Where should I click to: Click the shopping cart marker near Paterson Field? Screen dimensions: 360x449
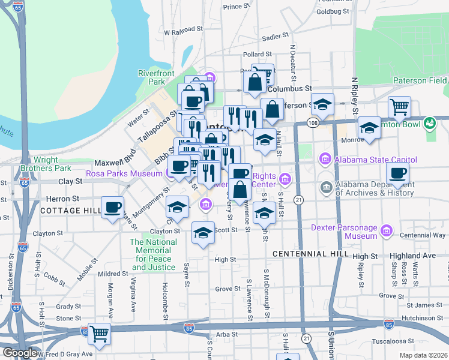pos(399,107)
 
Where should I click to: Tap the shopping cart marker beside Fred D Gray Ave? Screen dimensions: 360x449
pos(99,334)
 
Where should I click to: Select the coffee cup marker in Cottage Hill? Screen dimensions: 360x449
pos(112,208)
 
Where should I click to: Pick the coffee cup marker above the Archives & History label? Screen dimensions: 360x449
pos(397,174)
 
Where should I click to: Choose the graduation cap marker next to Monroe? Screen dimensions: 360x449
pos(369,128)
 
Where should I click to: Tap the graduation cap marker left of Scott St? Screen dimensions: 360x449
pos(203,233)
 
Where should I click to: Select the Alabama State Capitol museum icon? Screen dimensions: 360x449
pos(325,159)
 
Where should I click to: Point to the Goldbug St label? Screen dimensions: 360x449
pos(332,11)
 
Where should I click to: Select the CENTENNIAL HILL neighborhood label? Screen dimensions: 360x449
pos(310,254)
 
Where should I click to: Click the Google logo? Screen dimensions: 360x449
pos(19,353)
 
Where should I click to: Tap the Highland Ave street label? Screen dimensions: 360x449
pos(412,256)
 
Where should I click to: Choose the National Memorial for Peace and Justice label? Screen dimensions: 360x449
pos(154,254)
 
